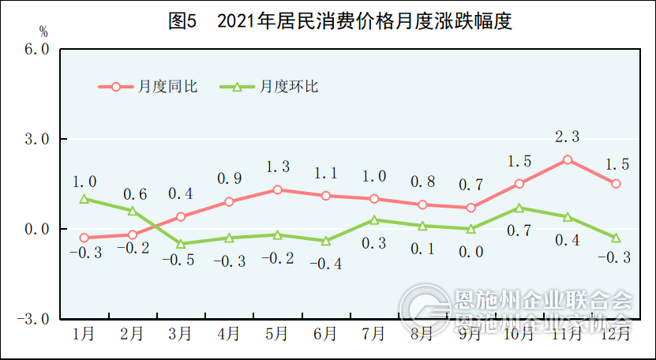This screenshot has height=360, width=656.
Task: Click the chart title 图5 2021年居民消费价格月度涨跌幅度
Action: (x=340, y=21)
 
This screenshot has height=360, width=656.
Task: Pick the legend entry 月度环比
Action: (x=268, y=86)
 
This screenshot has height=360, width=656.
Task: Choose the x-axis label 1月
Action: (x=84, y=335)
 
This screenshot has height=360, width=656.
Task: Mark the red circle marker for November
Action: (x=568, y=159)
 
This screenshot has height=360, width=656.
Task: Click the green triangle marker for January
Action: (x=84, y=199)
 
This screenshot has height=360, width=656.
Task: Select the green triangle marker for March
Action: (x=180, y=244)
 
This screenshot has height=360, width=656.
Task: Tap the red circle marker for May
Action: (x=277, y=189)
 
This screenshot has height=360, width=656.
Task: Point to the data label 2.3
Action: (x=568, y=137)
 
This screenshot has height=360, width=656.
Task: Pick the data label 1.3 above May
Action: (x=277, y=167)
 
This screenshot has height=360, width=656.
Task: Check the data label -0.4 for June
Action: (x=325, y=264)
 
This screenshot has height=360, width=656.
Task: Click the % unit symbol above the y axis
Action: (x=43, y=32)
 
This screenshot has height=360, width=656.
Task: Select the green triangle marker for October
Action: (x=519, y=208)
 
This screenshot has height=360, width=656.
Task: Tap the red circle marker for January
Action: (x=84, y=238)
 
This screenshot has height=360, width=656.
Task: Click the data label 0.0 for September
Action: (x=470, y=252)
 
